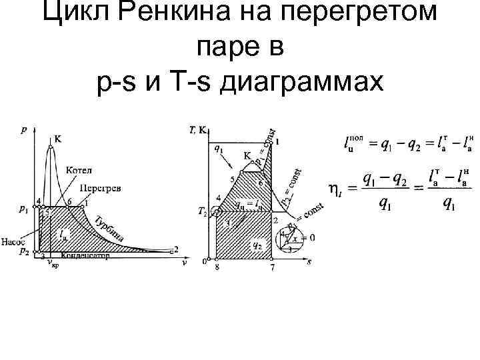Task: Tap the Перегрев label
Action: [x=100, y=189]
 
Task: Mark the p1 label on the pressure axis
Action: [x=25, y=209]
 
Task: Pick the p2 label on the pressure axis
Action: [x=24, y=252]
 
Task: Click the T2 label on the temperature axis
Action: [x=203, y=212]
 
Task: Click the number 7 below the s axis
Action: [x=272, y=267]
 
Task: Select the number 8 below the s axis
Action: [x=217, y=267]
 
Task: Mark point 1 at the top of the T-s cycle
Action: [x=277, y=142]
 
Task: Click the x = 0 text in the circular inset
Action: [x=307, y=237]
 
